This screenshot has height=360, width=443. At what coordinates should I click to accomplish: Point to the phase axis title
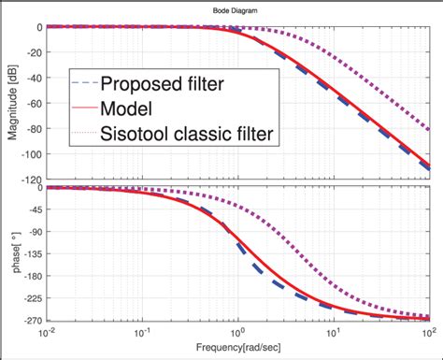pos(13,252)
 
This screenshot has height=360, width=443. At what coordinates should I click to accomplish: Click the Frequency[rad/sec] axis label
pos(235,346)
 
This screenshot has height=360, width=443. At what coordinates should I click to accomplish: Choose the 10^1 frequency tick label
pos(333,331)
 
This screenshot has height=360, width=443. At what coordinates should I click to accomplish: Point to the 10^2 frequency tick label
pos(427,331)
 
